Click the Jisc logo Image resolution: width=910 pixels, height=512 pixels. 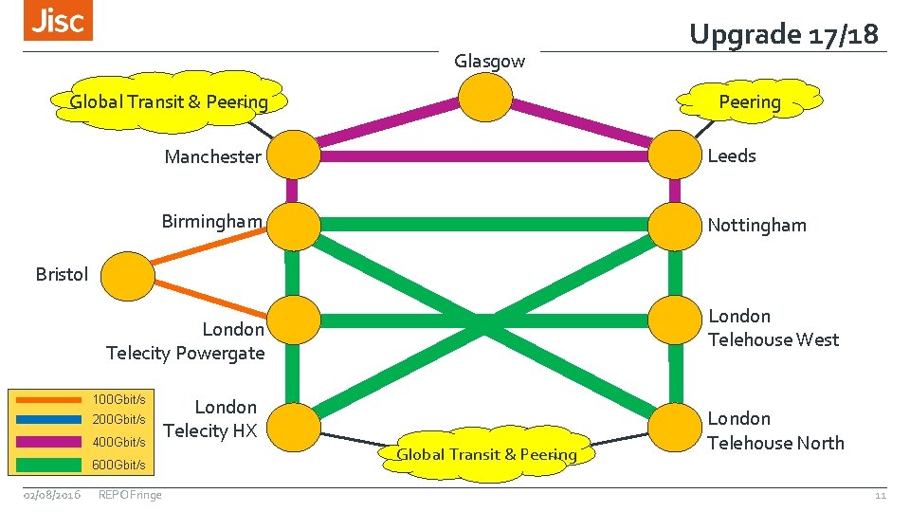click(x=59, y=21)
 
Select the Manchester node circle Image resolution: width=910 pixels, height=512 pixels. click(x=292, y=155)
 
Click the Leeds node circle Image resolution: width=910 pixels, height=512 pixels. click(x=675, y=155)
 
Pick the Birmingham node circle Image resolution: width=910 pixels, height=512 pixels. click(x=292, y=225)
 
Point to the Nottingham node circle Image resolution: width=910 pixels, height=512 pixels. click(x=675, y=225)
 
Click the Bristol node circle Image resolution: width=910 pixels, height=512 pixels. click(x=127, y=275)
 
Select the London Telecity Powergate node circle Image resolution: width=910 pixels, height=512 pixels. click(x=292, y=321)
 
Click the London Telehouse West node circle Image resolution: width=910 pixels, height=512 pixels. click(x=675, y=321)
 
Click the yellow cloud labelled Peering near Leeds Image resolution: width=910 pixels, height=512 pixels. click(x=749, y=101)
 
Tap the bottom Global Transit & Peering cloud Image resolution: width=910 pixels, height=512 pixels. click(x=486, y=454)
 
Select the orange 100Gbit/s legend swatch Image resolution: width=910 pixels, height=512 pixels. click(x=49, y=399)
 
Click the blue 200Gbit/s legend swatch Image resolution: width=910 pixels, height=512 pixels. click(x=49, y=419)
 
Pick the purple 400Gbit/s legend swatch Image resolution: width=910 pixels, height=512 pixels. click(x=49, y=442)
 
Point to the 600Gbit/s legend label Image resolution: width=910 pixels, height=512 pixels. click(x=118, y=465)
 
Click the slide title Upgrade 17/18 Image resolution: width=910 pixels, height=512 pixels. click(x=784, y=34)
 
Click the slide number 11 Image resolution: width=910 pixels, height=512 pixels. click(x=880, y=495)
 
